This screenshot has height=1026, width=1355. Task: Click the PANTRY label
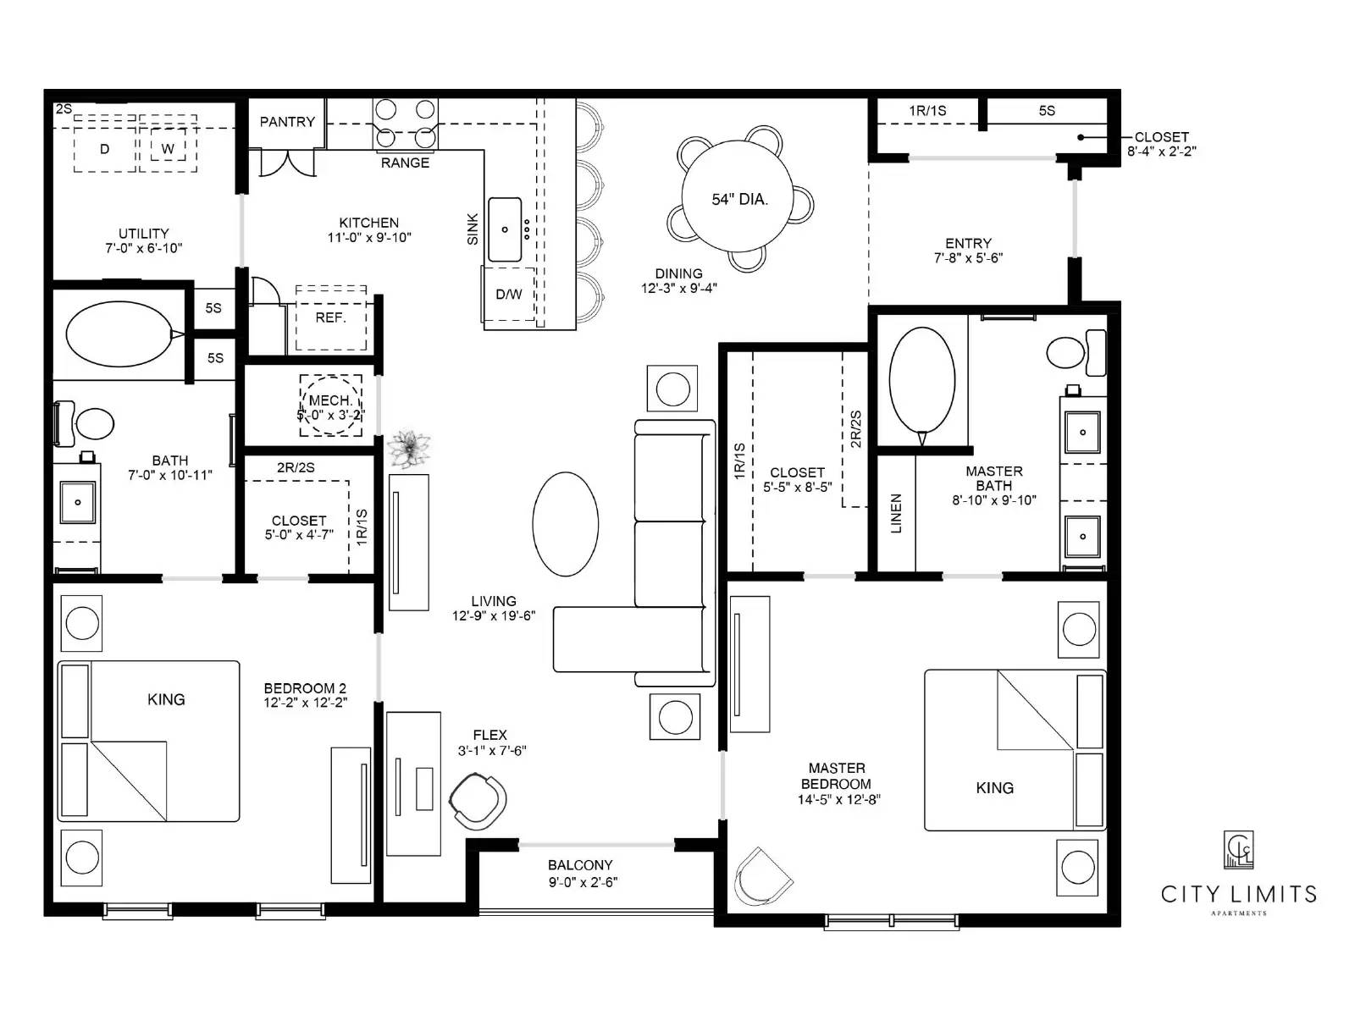286,122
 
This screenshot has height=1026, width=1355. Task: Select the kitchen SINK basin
505,229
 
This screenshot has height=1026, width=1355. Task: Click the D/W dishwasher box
509,295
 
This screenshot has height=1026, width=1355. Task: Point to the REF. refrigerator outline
330,318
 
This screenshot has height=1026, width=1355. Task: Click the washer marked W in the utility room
168,149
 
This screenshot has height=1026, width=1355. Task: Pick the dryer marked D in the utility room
105,149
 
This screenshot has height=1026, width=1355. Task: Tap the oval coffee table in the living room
566,524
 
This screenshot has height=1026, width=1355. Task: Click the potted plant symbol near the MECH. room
409,448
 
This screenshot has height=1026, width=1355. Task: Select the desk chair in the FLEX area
479,800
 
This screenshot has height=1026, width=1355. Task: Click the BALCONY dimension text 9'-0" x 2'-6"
583,882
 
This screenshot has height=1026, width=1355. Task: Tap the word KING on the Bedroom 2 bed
166,699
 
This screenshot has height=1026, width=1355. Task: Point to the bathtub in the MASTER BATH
922,380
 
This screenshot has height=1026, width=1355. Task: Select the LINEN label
896,513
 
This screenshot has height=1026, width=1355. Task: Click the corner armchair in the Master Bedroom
761,878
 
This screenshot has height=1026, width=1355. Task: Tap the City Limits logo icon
1238,849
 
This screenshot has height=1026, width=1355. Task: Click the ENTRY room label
968,243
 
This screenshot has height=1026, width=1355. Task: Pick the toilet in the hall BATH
87,423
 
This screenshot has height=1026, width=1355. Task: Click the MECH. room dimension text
330,416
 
